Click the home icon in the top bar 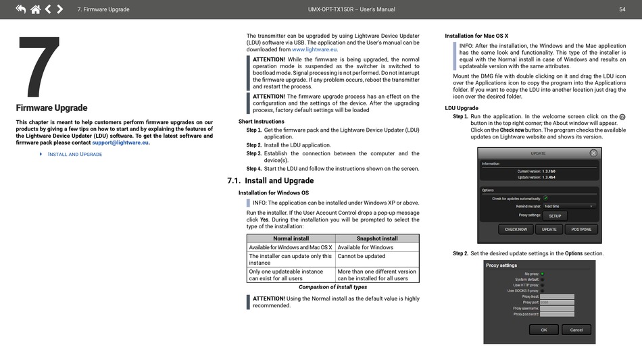(35, 9)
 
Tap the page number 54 (622, 9)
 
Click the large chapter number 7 (39, 66)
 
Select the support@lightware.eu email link (120, 143)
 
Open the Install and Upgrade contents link (74, 154)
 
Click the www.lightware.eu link (314, 49)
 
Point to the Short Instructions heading (261, 122)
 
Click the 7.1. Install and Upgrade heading (270, 180)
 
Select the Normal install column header (291, 238)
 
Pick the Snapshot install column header (377, 238)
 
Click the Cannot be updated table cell (361, 256)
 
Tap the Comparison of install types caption (332, 287)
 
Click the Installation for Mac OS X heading (476, 35)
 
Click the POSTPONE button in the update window (581, 229)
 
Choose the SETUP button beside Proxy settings (554, 216)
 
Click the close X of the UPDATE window (593, 153)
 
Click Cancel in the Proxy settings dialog (576, 330)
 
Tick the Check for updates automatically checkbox (545, 199)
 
